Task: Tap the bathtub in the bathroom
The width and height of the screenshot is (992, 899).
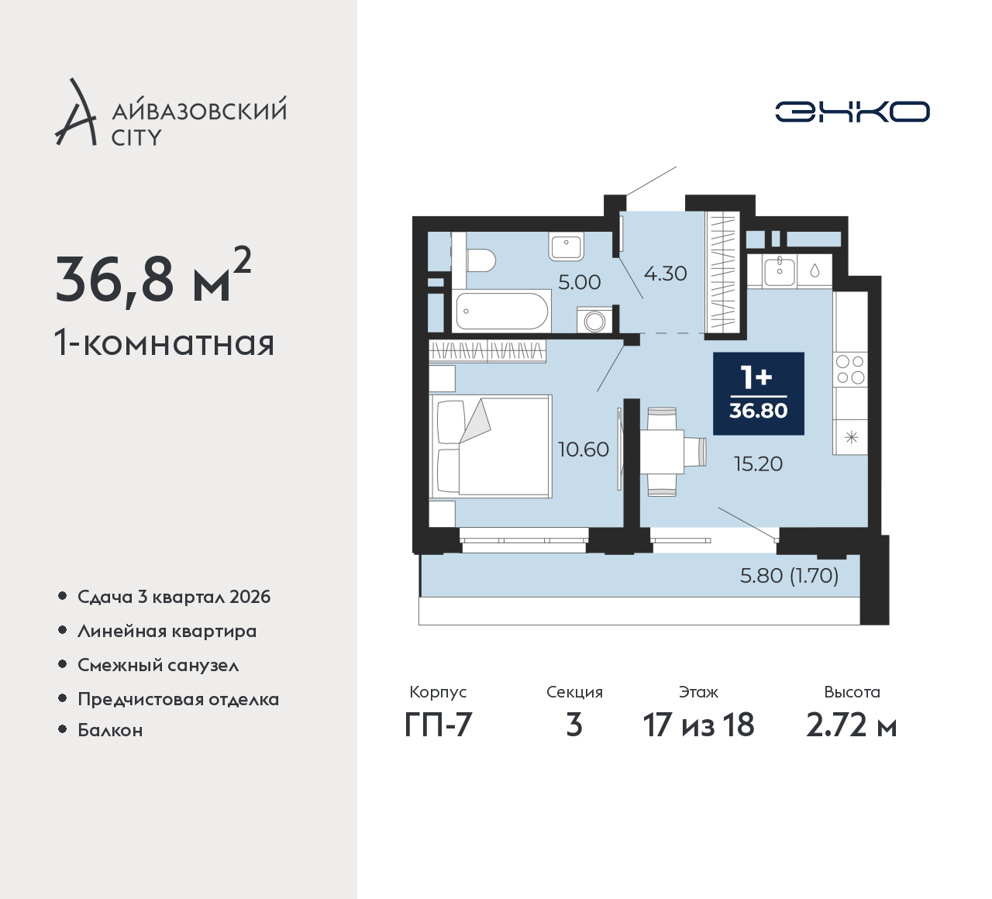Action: (501, 311)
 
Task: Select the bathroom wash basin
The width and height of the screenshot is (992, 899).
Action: (566, 246)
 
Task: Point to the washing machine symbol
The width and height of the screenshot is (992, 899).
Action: (594, 319)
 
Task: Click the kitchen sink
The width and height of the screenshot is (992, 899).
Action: (780, 271)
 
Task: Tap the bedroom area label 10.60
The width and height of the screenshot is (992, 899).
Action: (583, 449)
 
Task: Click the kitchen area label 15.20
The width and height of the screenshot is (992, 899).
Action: (758, 464)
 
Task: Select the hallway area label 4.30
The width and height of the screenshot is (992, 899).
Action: (665, 274)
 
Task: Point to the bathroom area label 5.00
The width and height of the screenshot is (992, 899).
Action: (579, 282)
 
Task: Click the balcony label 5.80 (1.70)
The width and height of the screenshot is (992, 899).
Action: (789, 576)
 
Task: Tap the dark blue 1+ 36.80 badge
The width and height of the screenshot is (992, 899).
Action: (758, 394)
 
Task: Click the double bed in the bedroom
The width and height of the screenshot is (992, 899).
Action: (491, 446)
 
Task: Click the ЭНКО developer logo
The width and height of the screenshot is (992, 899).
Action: (852, 112)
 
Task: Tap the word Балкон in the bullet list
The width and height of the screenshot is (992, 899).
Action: (110, 730)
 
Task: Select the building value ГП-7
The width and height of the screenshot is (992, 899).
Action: (438, 725)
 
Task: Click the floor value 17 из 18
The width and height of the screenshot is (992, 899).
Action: (698, 725)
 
